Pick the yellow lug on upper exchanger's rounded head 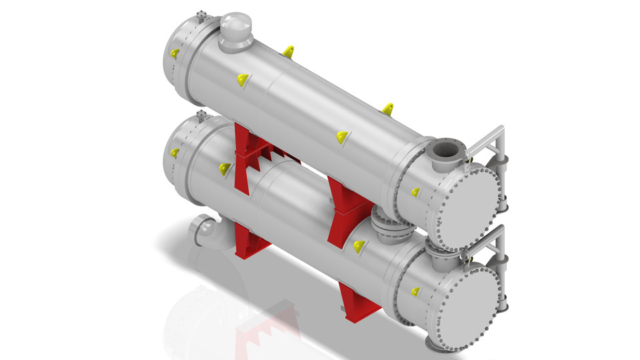click(x=175, y=53)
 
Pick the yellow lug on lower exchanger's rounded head click(x=175, y=153)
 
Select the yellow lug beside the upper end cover click(x=415, y=193)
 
